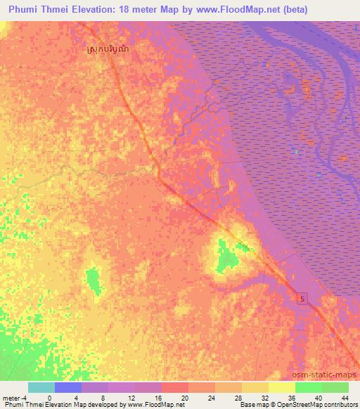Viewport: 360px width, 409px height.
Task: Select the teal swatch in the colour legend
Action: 41,387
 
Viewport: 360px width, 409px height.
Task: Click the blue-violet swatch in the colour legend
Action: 67,387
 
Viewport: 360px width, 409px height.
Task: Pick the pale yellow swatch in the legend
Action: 281,387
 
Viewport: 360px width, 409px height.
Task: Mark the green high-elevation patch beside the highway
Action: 226,257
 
